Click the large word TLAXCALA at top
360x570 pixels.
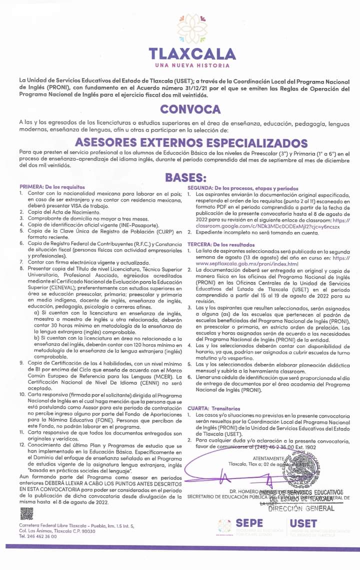[192, 53]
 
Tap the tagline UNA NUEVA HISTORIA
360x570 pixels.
[192, 65]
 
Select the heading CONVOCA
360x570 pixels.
[190, 109]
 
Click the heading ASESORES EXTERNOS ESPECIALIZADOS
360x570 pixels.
[191, 142]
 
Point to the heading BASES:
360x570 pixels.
[185, 177]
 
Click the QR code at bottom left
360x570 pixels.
[26, 513]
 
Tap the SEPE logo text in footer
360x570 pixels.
[248, 522]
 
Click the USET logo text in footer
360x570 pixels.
[303, 522]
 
